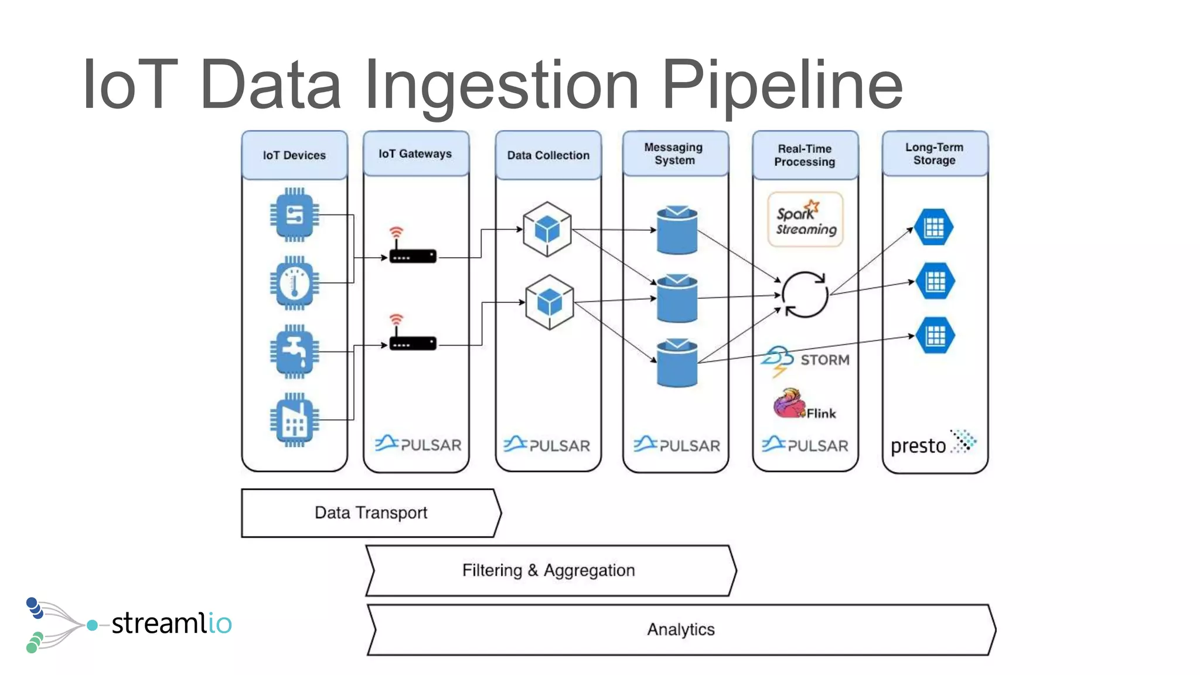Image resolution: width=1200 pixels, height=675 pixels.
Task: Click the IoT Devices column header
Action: point(294,155)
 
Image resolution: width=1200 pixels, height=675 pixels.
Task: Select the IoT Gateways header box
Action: point(415,154)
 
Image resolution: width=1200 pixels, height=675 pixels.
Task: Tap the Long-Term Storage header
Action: point(935,154)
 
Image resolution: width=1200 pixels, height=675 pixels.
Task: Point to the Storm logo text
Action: point(824,360)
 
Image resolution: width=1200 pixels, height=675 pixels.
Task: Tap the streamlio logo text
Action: point(171,623)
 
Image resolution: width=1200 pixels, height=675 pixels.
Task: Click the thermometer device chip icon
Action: point(294,283)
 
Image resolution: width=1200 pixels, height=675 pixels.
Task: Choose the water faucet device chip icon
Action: point(294,352)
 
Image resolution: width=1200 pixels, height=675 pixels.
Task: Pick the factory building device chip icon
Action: point(294,420)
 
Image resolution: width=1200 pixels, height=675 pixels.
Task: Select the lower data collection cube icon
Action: point(549,302)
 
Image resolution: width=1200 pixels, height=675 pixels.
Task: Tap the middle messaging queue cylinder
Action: point(677,298)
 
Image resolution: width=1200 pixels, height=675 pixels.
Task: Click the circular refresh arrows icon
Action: point(805,295)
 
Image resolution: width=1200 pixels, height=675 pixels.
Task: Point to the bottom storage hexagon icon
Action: point(935,336)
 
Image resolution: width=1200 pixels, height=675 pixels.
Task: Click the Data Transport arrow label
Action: point(371,513)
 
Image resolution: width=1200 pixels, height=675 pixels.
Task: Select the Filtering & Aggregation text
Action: point(548,570)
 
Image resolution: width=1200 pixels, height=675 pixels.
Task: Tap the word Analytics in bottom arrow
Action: point(681,629)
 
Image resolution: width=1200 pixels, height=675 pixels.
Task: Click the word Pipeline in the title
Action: point(782,85)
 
